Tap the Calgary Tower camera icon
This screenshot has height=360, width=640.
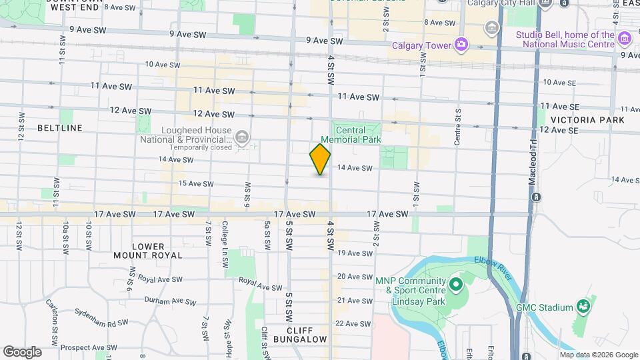(461, 45)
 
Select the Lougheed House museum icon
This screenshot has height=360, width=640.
(242, 138)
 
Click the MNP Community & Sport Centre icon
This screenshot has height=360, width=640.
(456, 285)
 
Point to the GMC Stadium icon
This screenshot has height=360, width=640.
(584, 307)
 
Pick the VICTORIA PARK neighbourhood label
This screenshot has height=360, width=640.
(588, 120)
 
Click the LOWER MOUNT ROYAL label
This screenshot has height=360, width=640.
(148, 251)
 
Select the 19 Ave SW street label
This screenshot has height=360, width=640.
(355, 253)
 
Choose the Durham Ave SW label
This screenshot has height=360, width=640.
(170, 301)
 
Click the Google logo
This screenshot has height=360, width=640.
(23, 351)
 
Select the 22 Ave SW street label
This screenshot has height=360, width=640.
(353, 323)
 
